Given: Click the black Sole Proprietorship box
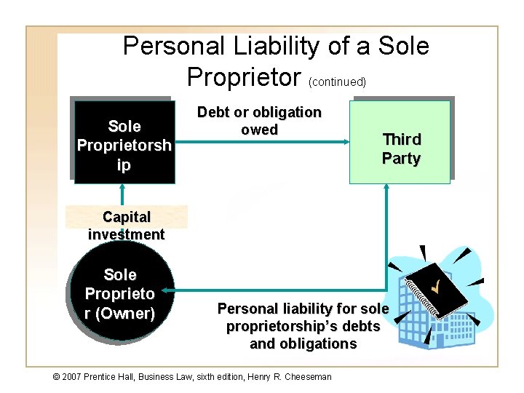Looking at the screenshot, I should click(124, 142).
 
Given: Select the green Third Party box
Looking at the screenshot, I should click(400, 142).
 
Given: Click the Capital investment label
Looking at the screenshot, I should click(127, 226).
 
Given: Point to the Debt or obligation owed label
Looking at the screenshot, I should click(259, 121).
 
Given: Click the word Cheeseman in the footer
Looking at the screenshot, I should click(306, 376).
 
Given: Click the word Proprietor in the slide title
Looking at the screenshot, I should click(245, 76).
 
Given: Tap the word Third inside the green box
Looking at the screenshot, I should click(402, 139).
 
